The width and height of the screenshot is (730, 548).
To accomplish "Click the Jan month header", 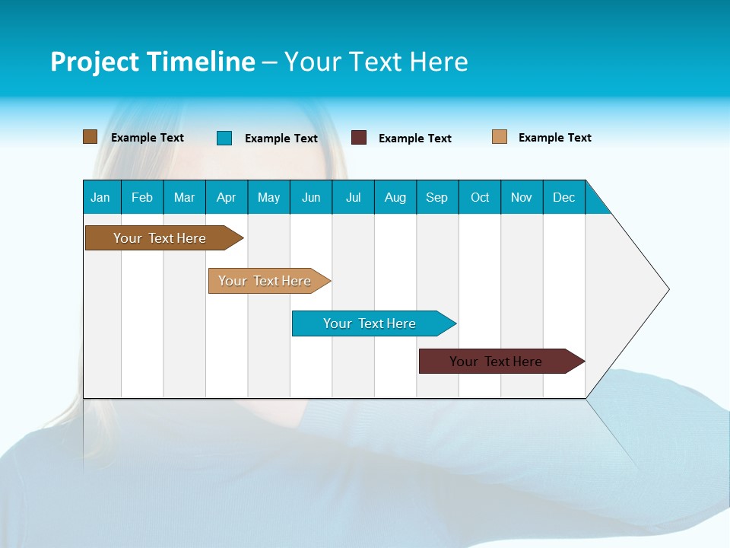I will (101, 197).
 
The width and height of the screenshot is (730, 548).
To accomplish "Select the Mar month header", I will (184, 197).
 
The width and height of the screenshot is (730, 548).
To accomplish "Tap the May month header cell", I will (268, 197).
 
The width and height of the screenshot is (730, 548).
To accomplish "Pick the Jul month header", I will (353, 197).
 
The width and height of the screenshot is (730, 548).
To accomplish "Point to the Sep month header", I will (437, 197).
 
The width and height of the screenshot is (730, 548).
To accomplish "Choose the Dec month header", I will (563, 197).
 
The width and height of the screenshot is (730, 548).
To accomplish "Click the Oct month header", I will (480, 197).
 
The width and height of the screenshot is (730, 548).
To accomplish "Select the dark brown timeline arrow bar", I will (160, 238).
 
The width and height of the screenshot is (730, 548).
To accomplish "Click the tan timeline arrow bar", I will (265, 281).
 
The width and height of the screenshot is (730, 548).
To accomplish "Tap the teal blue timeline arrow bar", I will (370, 323).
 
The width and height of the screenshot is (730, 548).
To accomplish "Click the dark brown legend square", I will (90, 137).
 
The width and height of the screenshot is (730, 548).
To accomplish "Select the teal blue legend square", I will (224, 138).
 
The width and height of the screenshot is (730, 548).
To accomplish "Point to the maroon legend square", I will (359, 138).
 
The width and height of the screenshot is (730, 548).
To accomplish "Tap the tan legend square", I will (500, 137).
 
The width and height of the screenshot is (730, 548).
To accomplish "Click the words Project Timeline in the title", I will (153, 62).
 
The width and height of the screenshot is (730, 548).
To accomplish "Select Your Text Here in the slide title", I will (376, 62).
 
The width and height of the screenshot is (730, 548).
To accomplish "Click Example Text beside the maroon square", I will (414, 139).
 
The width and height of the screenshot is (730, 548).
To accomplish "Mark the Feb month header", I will (142, 197).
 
